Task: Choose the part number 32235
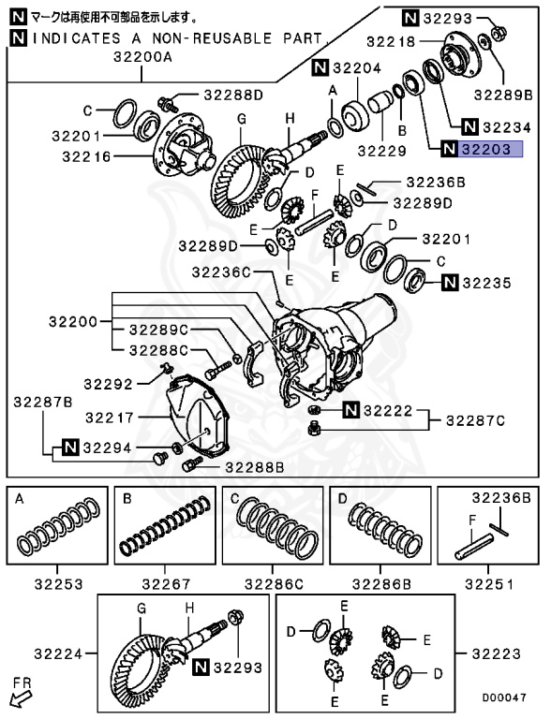click(x=492, y=281)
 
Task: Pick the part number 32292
click(x=110, y=383)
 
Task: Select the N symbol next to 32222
click(x=350, y=410)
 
